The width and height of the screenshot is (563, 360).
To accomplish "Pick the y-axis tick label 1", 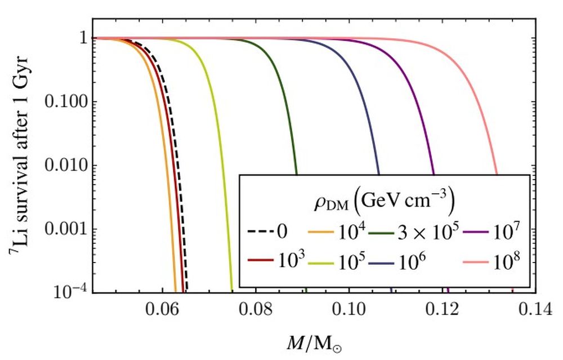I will coord(84,38).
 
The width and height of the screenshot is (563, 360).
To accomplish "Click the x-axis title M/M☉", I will coord(312,341).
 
